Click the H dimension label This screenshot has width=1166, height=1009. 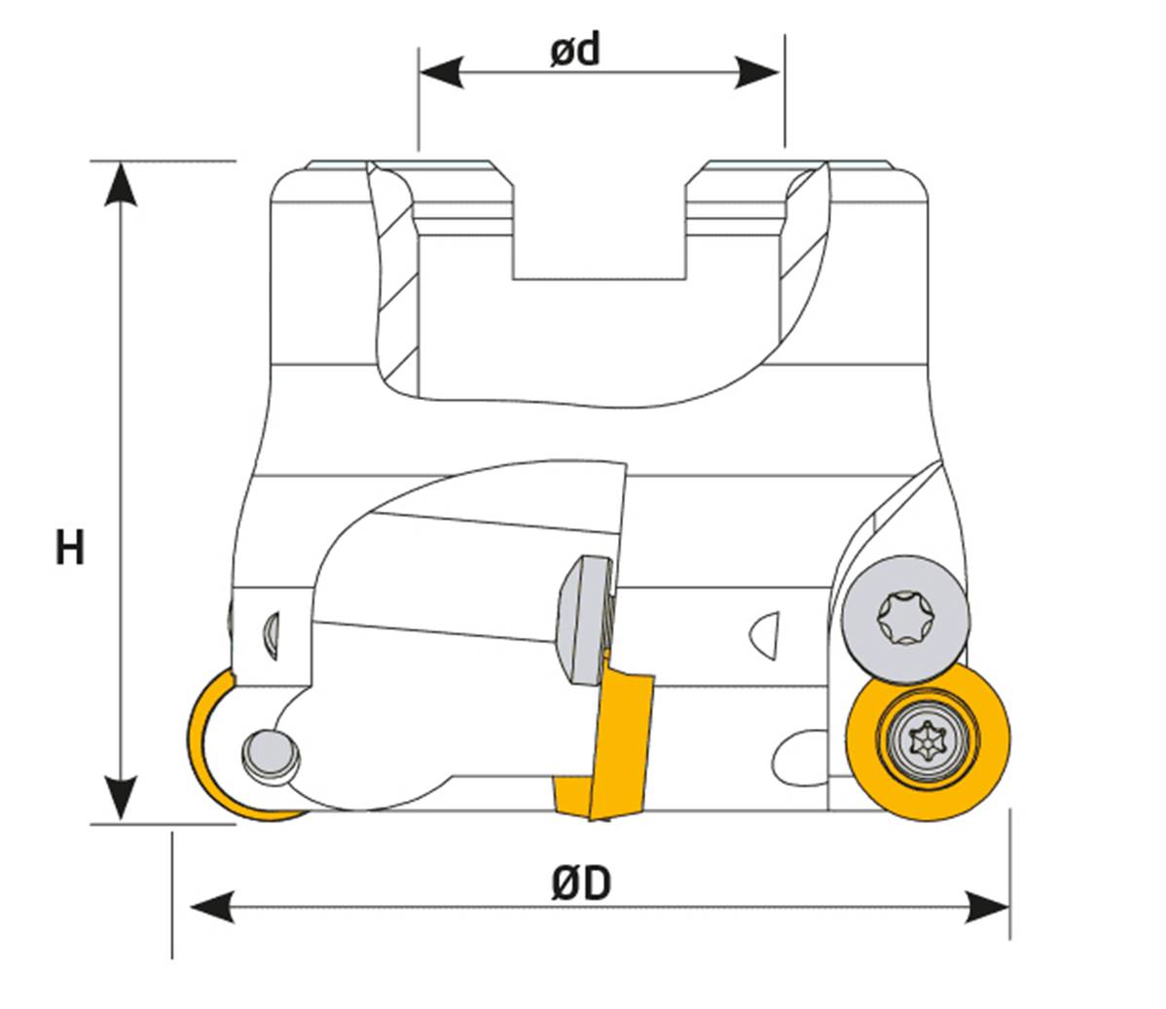point(69,548)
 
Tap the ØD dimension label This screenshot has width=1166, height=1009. point(581,883)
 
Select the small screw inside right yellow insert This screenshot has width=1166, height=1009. point(927,742)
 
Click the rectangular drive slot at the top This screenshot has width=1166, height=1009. point(599,234)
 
